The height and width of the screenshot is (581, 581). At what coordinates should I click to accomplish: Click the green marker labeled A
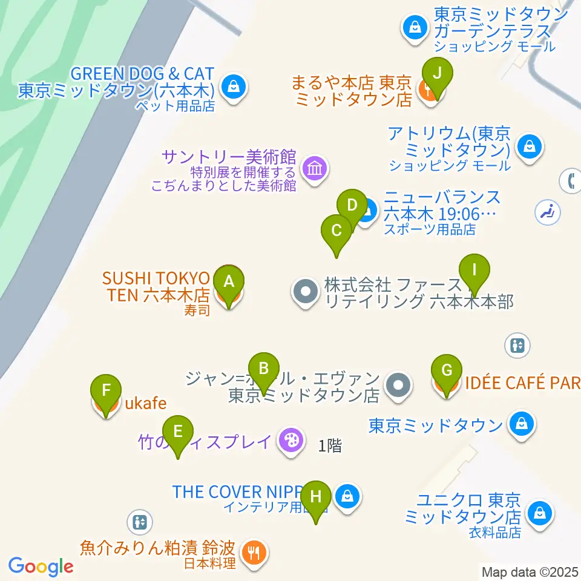pyautogui.click(x=229, y=281)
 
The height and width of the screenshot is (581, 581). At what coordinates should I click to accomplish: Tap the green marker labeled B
pyautogui.click(x=263, y=369)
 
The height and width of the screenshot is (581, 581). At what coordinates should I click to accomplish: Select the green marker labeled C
pyautogui.click(x=336, y=231)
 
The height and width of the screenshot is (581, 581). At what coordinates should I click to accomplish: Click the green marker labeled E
pyautogui.click(x=178, y=432)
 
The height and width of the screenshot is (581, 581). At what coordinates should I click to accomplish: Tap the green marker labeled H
pyautogui.click(x=316, y=497)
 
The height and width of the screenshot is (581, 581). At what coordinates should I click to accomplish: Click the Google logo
pyautogui.click(x=41, y=566)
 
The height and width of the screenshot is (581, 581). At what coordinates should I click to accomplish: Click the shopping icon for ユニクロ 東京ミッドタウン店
pyautogui.click(x=538, y=514)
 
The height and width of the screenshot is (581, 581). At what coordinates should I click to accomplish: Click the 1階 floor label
pyautogui.click(x=330, y=446)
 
